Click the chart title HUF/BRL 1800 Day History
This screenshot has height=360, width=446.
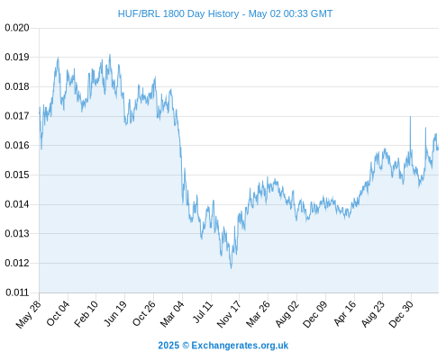point(178,13)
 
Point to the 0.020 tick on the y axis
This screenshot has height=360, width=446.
point(17,28)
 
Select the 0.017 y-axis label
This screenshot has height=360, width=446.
point(17,116)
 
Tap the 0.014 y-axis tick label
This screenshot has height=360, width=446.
point(17,204)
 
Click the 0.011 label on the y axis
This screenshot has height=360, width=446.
point(17,292)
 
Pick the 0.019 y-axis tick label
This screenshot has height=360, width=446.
point(17,57)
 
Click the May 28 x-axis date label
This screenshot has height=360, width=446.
point(28,314)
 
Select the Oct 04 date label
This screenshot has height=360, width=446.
point(58,313)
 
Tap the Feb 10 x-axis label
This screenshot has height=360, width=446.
point(86,314)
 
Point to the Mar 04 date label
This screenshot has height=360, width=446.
point(172,314)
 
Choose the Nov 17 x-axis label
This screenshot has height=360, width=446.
point(229,314)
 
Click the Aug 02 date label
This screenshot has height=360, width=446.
point(287,314)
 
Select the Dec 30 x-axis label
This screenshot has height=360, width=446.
point(401,314)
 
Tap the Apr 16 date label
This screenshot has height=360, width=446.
point(344,313)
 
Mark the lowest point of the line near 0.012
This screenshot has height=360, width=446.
point(231,268)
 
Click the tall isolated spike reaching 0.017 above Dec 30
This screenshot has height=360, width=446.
point(410,117)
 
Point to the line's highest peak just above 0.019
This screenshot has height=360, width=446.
point(110,55)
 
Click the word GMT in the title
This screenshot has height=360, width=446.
point(322,13)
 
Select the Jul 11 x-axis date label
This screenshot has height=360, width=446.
point(202,313)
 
